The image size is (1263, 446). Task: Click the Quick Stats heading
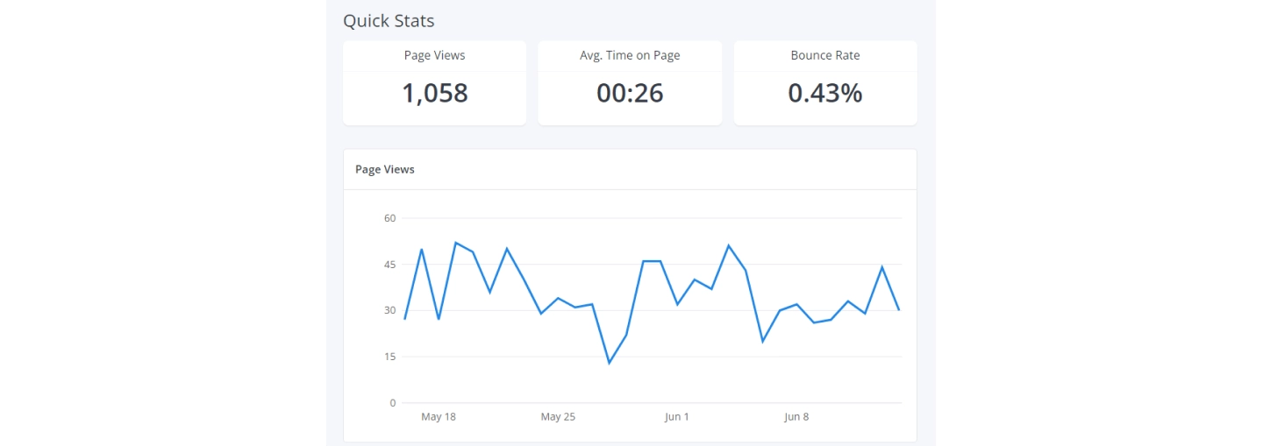point(389,20)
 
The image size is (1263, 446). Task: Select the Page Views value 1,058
point(435,93)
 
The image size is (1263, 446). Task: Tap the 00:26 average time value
point(630,93)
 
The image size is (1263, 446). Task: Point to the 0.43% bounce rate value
point(825,93)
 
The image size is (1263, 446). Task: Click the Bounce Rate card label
point(825,55)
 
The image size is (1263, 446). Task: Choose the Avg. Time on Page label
point(630,55)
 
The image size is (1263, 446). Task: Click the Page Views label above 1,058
point(435,55)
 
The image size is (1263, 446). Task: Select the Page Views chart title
point(385,169)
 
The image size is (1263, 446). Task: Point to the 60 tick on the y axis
point(389,218)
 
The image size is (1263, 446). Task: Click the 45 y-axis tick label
point(389,265)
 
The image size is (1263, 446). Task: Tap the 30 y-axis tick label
point(389,310)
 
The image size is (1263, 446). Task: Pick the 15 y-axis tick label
point(389,357)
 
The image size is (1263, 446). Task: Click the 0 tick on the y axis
point(393,403)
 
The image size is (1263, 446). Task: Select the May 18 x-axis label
point(439,417)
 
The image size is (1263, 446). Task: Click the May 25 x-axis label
point(558,417)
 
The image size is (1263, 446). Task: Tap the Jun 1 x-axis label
point(677,417)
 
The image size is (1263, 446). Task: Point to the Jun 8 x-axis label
point(796,417)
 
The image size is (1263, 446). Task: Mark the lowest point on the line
point(610,363)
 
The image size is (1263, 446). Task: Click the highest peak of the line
point(456,243)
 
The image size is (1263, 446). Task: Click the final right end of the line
point(899,310)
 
